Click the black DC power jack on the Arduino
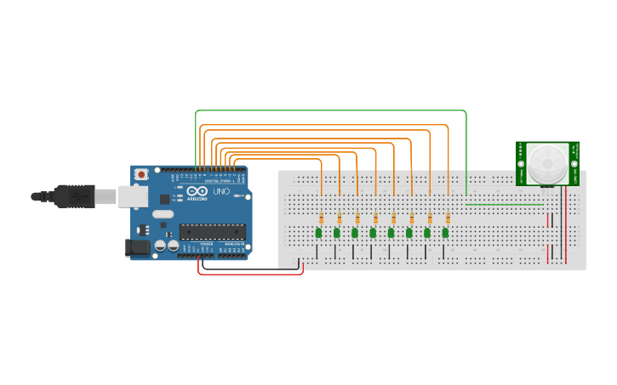pos(135,247)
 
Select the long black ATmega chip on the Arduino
pos(212,231)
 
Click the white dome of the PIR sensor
pos(546,163)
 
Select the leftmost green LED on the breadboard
pos(318,232)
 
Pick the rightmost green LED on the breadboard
pos(445,232)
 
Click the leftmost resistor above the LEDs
pos(321,218)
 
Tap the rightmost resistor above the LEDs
pos(448,218)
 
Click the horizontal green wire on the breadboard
pos(506,204)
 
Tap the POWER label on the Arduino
pos(206,243)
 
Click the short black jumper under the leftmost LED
pos(317,252)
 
